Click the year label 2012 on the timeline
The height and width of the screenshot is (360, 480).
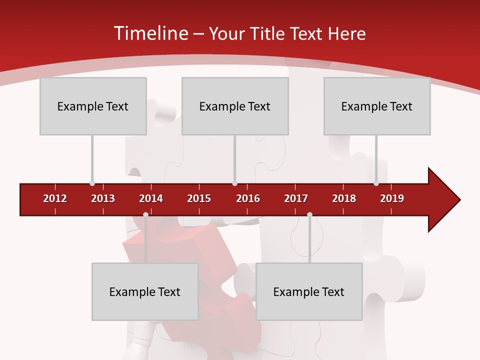[55, 198]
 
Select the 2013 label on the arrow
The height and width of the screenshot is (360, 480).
[103, 198]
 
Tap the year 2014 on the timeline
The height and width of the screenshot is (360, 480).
[151, 198]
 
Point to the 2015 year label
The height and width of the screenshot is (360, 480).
[199, 198]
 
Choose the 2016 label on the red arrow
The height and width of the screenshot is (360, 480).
[248, 198]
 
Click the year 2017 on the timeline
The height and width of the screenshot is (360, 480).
[296, 198]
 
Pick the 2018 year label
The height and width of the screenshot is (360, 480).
[344, 198]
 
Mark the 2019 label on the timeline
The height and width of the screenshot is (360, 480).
[392, 198]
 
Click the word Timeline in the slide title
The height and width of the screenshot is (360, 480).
[150, 33]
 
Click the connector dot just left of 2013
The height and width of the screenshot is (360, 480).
[92, 183]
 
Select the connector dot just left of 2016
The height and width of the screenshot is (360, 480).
[234, 183]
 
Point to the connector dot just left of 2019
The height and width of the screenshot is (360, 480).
[376, 183]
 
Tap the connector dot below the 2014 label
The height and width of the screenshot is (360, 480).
[145, 215]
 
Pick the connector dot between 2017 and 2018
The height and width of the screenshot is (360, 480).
[309, 215]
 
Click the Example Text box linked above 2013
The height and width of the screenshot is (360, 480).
[93, 106]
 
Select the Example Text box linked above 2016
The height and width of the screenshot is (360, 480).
[235, 106]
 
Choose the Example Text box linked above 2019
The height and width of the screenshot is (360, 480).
[377, 106]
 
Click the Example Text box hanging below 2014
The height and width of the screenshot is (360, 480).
[145, 292]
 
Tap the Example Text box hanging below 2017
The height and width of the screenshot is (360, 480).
[309, 292]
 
